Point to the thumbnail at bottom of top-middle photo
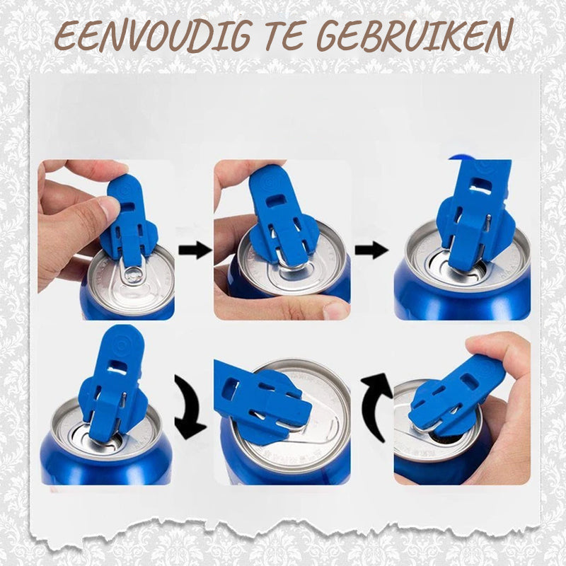tap(333, 309)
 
